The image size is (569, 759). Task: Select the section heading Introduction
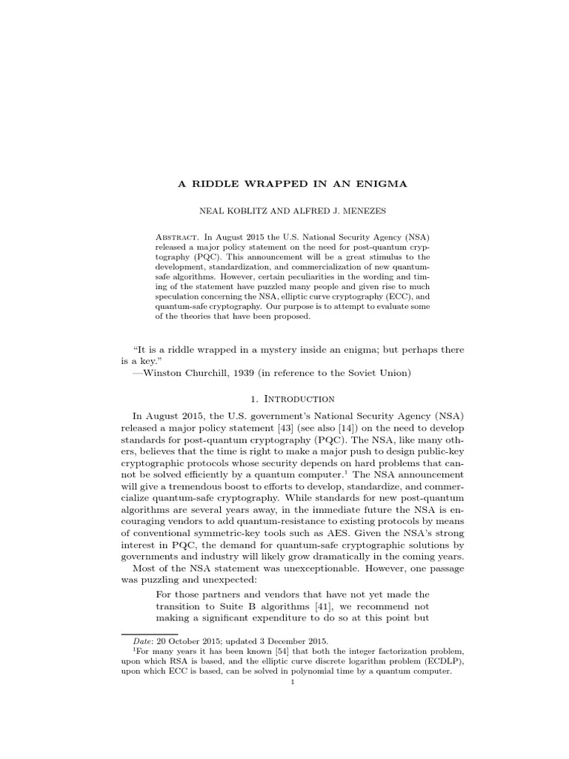coord(302,398)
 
